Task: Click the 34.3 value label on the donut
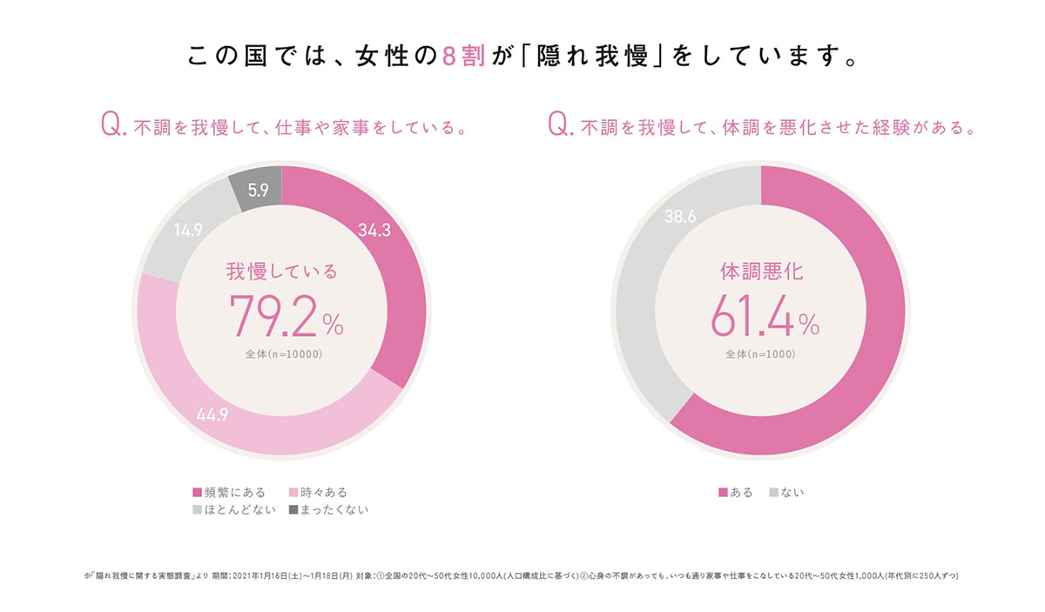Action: click(x=374, y=230)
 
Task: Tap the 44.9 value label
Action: click(x=212, y=414)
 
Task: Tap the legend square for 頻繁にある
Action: click(x=198, y=494)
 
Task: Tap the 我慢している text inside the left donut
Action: click(x=281, y=272)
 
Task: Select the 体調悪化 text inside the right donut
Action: click(x=761, y=272)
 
